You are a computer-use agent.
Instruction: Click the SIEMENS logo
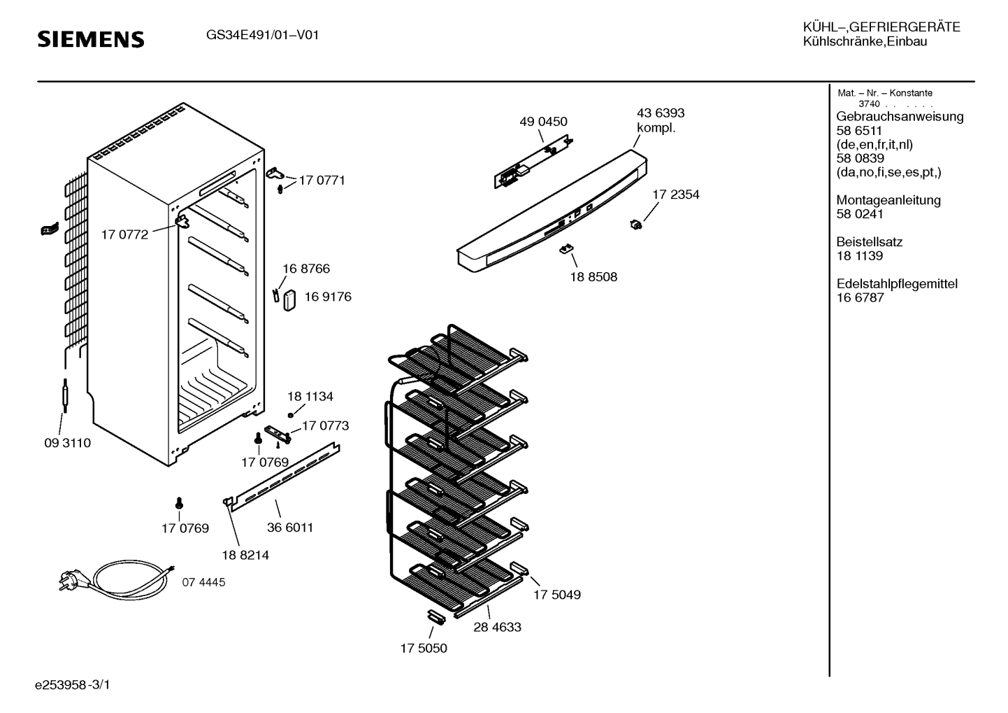(91, 39)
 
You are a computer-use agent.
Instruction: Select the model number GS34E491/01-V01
(262, 35)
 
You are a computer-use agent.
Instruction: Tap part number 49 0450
(543, 122)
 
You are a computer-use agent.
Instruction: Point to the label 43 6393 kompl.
(660, 120)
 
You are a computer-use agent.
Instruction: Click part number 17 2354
(676, 195)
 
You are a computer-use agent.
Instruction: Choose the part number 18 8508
(593, 276)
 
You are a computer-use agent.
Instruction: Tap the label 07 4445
(203, 582)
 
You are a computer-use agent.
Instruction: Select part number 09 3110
(68, 443)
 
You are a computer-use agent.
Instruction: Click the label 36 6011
(290, 528)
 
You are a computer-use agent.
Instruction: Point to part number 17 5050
(424, 648)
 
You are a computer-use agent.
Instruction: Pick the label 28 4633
(497, 627)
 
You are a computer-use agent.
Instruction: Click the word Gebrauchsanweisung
(900, 117)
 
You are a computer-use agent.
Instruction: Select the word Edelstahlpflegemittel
(897, 284)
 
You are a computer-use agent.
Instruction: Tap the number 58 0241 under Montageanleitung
(860, 214)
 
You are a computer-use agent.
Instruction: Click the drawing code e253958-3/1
(73, 685)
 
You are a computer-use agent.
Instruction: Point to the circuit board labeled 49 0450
(533, 161)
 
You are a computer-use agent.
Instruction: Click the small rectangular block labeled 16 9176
(289, 300)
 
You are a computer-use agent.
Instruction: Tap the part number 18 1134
(310, 396)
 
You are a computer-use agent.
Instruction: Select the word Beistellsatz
(870, 242)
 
